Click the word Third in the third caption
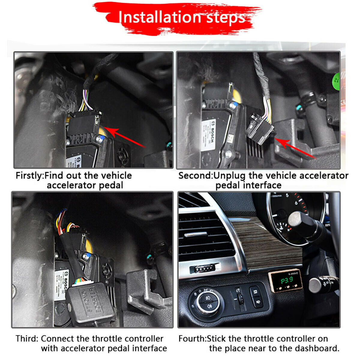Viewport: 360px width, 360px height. click(x=26, y=339)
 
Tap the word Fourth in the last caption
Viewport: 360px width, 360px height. click(x=192, y=339)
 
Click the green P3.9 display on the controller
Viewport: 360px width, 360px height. click(x=287, y=281)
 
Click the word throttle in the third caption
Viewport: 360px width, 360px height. click(x=108, y=339)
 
